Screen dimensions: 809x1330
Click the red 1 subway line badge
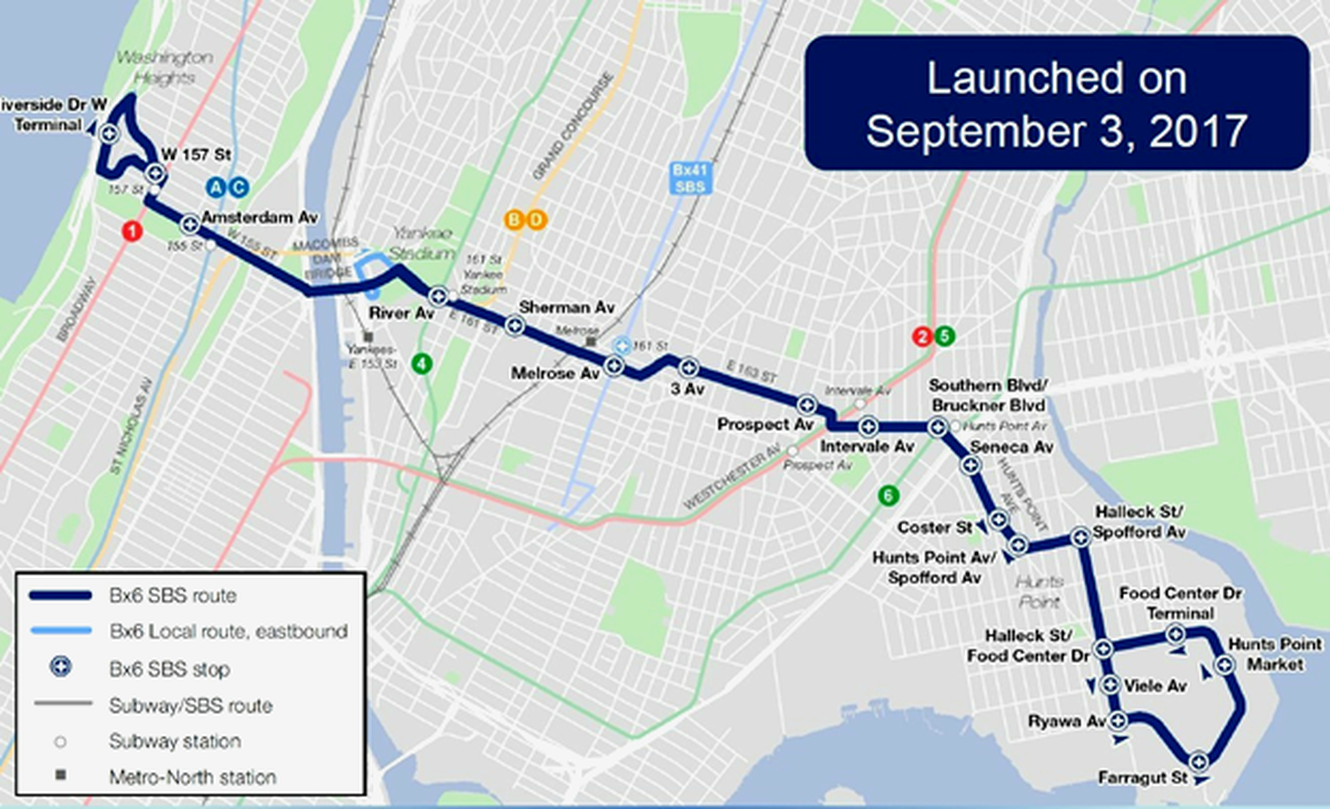tap(132, 231)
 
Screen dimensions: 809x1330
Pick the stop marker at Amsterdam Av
tap(190, 224)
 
